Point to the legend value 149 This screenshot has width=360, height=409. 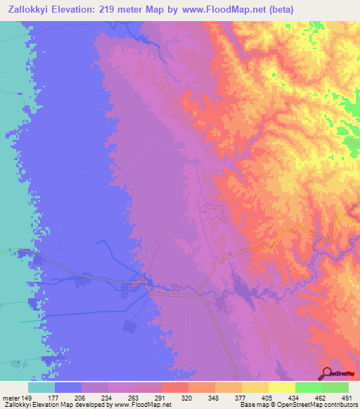click(x=28, y=398)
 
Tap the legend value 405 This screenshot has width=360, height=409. click(x=266, y=398)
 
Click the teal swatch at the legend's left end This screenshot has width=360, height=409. click(x=41, y=387)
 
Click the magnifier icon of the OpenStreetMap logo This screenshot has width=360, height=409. click(x=326, y=373)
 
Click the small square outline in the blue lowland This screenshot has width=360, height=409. click(x=129, y=327)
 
